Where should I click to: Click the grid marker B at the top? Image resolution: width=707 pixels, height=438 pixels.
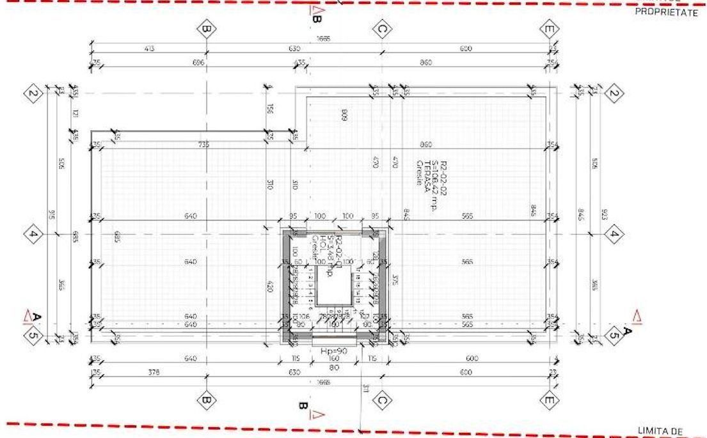coord(206,29)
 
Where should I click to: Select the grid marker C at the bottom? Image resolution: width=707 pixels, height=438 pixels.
coord(381,401)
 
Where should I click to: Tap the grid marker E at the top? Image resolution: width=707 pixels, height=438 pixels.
coord(548,29)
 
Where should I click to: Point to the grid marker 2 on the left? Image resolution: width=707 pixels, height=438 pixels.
coord(33,95)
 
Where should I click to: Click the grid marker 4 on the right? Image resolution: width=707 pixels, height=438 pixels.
coord(614,234)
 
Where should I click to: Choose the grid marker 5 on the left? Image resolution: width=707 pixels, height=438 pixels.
coord(33,334)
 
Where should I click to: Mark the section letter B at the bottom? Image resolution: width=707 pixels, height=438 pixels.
coord(302,406)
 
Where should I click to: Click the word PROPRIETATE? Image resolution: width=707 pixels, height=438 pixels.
coord(665,12)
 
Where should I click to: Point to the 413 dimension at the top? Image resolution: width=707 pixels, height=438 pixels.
coord(149,48)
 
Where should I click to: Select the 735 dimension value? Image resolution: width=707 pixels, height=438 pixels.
coord(203,145)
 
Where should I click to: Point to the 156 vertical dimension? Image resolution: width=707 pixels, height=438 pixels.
coord(271,110)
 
